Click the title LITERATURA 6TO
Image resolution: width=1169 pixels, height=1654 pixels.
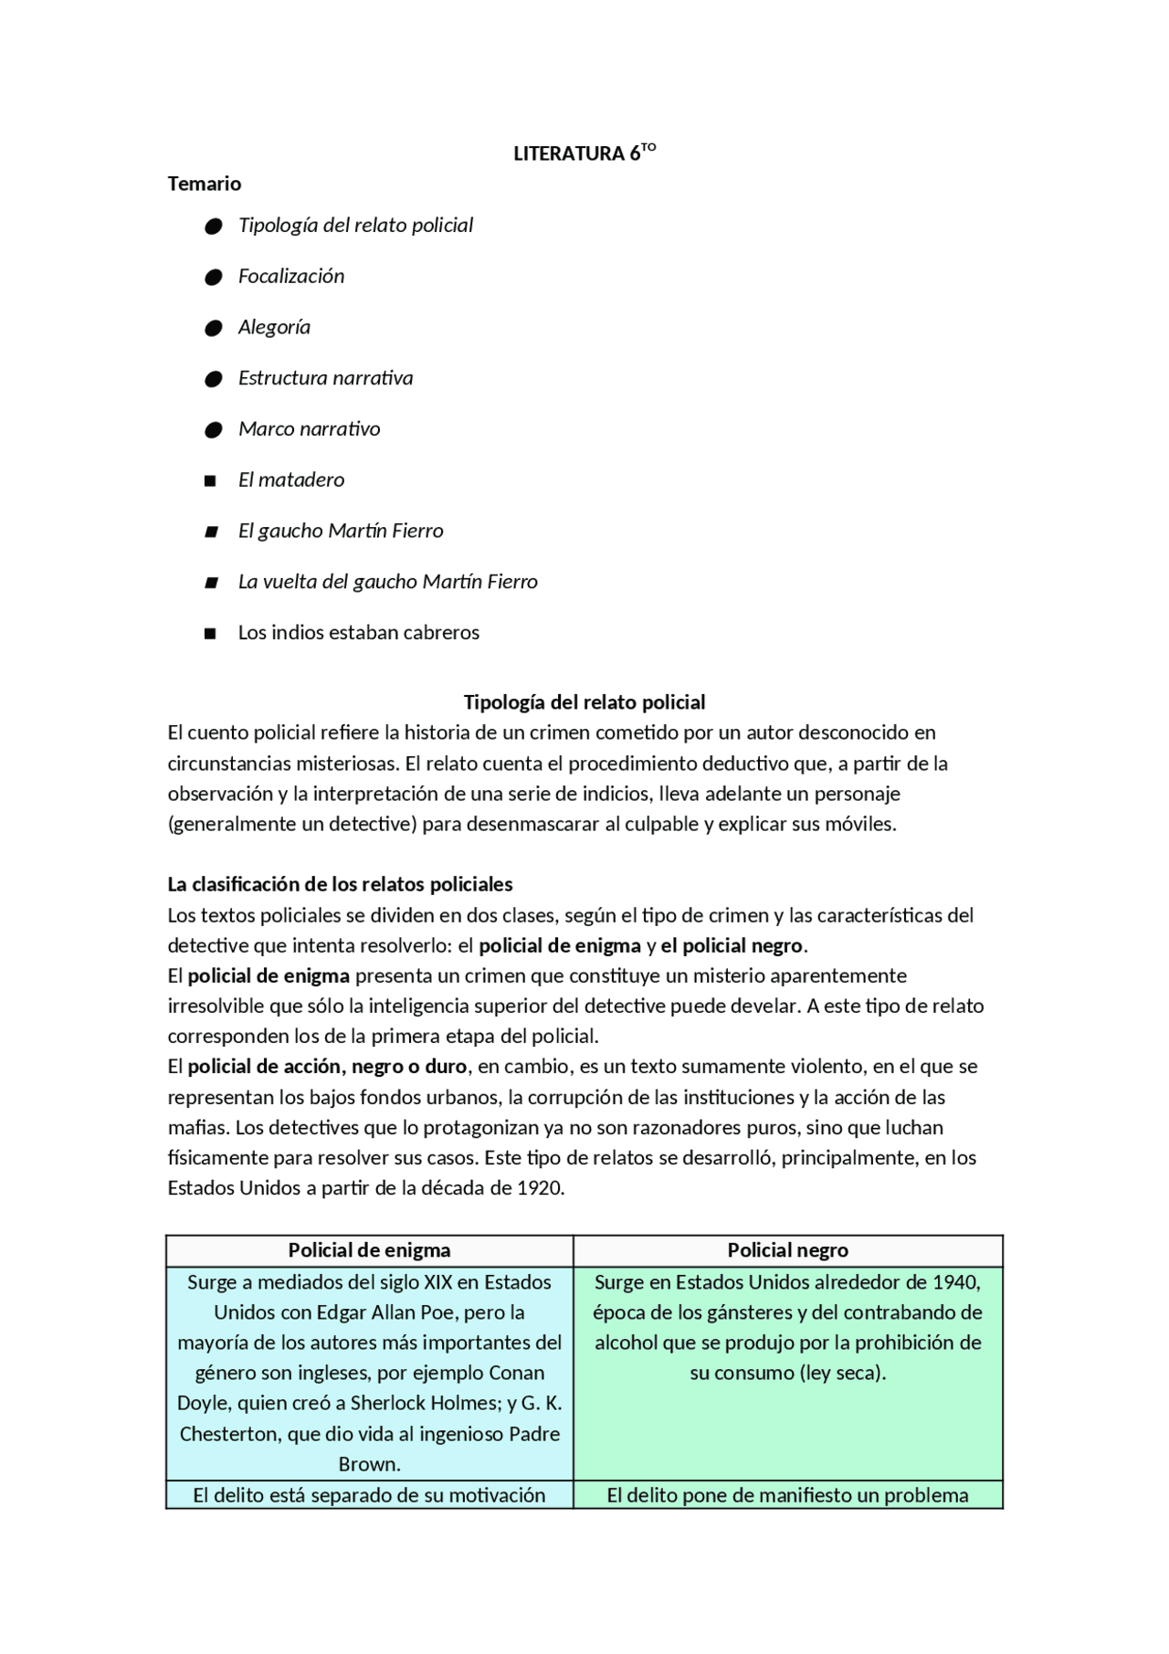(584, 153)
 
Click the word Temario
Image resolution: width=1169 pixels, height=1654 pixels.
(205, 184)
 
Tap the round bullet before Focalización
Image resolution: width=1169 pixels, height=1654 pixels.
(214, 277)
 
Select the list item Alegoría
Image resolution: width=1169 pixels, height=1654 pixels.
(274, 327)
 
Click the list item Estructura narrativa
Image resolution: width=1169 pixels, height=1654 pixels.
(325, 378)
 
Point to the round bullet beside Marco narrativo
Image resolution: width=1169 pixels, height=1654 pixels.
(214, 429)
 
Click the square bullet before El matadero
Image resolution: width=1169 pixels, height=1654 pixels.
(211, 480)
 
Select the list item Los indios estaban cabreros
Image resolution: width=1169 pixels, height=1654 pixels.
(358, 632)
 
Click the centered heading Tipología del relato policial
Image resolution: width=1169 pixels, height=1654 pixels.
(584, 701)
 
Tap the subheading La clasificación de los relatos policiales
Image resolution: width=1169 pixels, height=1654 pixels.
(340, 884)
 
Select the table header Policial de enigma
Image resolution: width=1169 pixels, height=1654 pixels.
(369, 1250)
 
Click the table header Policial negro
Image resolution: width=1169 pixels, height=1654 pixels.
(787, 1250)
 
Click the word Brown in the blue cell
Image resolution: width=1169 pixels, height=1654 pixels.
(369, 1464)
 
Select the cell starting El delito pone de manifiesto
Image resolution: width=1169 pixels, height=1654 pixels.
(787, 1495)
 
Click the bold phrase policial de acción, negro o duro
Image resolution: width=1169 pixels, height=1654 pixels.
(327, 1067)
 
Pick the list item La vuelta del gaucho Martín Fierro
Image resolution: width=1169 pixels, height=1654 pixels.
(387, 582)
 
